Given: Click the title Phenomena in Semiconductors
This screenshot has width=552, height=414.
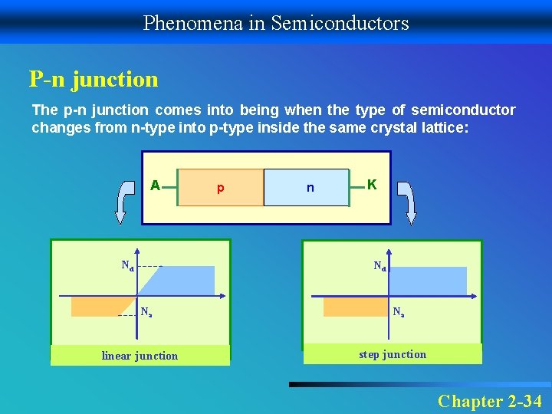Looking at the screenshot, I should pyautogui.click(x=276, y=23).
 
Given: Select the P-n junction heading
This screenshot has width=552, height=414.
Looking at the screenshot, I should pyautogui.click(x=94, y=79).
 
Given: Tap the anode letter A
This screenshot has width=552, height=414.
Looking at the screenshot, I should pyautogui.click(x=155, y=186).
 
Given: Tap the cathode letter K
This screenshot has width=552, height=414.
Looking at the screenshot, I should pyautogui.click(x=372, y=185).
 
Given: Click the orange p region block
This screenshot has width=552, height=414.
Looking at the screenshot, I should pyautogui.click(x=220, y=188).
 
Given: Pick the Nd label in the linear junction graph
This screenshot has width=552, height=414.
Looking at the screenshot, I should pyautogui.click(x=127, y=266).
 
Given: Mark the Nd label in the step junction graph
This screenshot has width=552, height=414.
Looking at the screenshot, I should pyautogui.click(x=379, y=267).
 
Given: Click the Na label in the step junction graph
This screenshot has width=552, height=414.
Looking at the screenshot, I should pyautogui.click(x=399, y=313).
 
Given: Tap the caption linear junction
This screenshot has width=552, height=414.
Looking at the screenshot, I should pyautogui.click(x=140, y=356).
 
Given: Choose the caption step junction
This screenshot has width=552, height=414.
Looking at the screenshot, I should pyautogui.click(x=393, y=354).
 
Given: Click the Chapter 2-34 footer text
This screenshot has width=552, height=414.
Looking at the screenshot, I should pyautogui.click(x=490, y=401).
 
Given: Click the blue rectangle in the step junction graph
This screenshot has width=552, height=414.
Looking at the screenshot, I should pyautogui.click(x=428, y=281).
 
